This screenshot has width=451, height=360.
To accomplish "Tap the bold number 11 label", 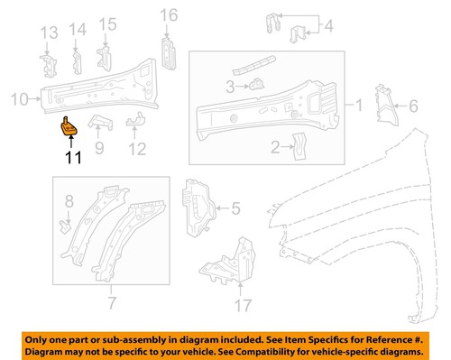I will pyautogui.click(x=70, y=160).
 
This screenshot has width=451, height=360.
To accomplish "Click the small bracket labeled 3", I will pyautogui.click(x=256, y=85).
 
